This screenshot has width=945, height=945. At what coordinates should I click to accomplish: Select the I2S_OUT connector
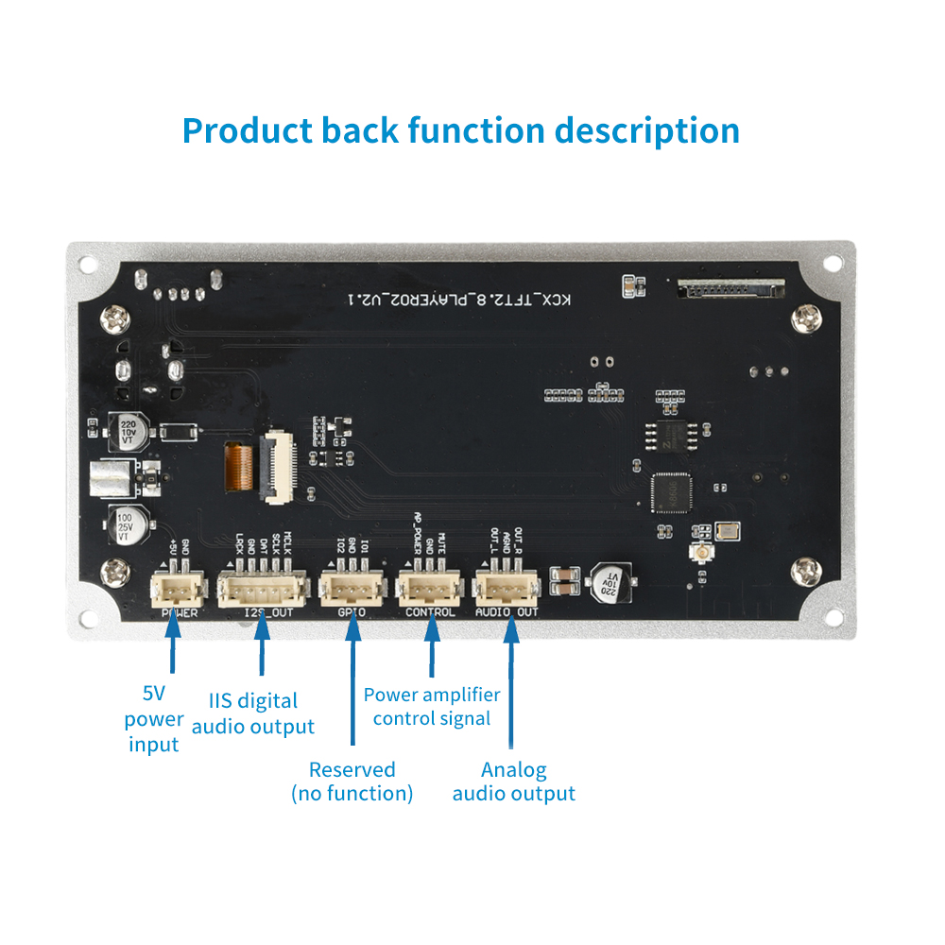[x=262, y=591]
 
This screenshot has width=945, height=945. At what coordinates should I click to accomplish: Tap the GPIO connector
[x=352, y=591]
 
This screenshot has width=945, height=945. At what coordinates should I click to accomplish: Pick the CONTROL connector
[x=430, y=591]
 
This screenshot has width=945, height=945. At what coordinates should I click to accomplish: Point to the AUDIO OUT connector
[x=506, y=591]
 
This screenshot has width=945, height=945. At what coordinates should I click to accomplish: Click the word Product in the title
[x=247, y=130]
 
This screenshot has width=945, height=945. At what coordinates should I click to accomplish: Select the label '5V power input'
[x=154, y=719]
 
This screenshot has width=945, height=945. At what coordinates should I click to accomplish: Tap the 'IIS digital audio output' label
[x=253, y=713]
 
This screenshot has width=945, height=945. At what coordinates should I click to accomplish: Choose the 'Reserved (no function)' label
[x=352, y=782]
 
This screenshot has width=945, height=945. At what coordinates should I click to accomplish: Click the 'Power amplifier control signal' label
[x=432, y=707]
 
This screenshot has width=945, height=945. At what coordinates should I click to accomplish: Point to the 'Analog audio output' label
[x=513, y=782]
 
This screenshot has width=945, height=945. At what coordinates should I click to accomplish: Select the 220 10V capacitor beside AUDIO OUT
[x=610, y=582]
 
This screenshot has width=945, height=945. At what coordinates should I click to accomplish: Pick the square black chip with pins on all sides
[x=672, y=492]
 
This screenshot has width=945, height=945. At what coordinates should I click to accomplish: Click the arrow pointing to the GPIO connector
[x=352, y=680]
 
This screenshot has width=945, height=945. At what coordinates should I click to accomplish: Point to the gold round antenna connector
[x=702, y=554]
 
